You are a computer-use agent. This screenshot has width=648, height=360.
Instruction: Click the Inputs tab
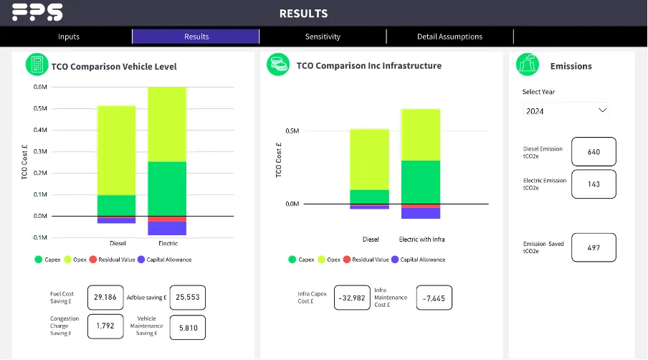(x=69, y=37)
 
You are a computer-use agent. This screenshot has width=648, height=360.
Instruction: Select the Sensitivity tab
(x=323, y=37)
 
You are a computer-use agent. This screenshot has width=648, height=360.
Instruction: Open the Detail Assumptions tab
(x=449, y=37)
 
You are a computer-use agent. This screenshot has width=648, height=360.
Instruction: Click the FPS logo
(x=37, y=12)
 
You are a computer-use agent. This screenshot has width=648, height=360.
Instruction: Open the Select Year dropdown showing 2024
(x=566, y=111)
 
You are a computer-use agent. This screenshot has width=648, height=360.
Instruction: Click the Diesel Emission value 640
(x=594, y=151)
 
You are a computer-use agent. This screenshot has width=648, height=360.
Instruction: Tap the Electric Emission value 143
(x=594, y=184)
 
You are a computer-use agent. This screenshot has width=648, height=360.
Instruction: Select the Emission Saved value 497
(x=594, y=247)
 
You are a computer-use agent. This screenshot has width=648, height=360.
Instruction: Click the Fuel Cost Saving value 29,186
(x=105, y=296)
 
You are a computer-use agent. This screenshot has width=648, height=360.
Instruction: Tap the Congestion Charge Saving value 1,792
(x=105, y=327)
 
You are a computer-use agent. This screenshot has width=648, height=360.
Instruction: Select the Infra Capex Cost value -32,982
(x=352, y=298)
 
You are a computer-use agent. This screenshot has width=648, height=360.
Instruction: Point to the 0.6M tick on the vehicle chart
(x=40, y=87)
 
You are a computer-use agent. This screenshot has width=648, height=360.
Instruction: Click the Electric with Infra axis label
(x=421, y=239)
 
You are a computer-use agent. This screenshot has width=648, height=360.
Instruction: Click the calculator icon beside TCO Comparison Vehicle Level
(x=36, y=65)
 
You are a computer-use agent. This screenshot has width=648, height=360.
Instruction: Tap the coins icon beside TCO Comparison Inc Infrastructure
(x=277, y=65)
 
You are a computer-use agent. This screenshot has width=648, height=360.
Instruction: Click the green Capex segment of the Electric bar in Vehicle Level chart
(x=167, y=189)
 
